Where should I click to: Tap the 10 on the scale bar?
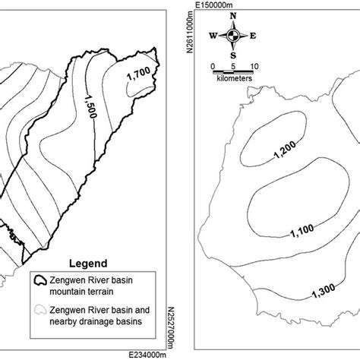pyautogui.click(x=254, y=65)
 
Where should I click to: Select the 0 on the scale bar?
pyautogui.click(x=213, y=65)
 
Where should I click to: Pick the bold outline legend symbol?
pyautogui.click(x=38, y=279)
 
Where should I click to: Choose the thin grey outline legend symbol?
pyautogui.click(x=38, y=309)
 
